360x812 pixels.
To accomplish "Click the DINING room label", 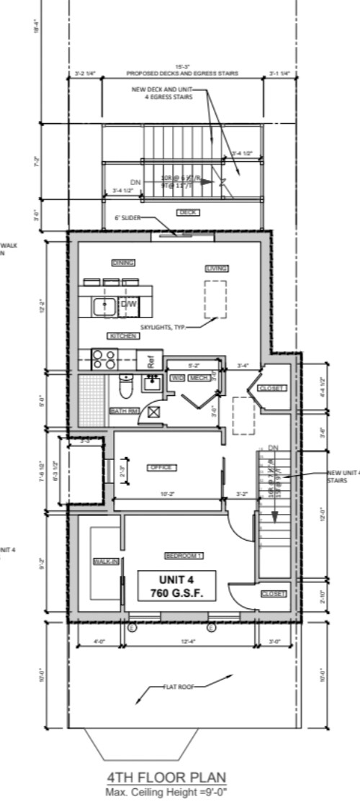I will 124,263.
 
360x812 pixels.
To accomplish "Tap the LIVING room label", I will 217,268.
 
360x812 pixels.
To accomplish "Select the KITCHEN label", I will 124,336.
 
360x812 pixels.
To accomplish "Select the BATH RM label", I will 124,411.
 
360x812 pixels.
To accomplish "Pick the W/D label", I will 176,377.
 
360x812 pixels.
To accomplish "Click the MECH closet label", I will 199,377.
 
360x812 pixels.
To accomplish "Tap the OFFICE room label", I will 162,468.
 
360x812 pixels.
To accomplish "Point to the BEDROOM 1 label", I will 184,556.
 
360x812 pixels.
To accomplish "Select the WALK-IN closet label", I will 105,561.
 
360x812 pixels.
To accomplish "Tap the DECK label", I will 188,212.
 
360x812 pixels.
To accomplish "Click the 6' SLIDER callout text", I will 129,217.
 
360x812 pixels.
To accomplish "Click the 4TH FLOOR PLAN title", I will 166,777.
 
